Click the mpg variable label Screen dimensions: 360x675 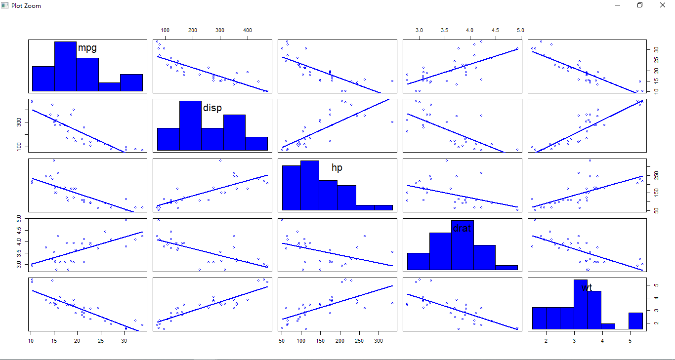tap(87, 48)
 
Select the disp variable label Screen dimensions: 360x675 tap(212, 108)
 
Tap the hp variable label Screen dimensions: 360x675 tap(337, 168)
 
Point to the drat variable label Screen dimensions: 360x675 tap(462, 228)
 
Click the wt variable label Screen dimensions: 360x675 tap(587, 288)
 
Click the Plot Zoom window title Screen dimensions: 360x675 tap(26, 5)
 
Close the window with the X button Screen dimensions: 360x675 tap(663, 5)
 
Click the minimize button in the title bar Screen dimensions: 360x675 tap(618, 5)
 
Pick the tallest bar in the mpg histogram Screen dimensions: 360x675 tap(65, 67)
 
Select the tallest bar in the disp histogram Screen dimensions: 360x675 tap(190, 125)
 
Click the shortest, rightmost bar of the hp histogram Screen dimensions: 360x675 tap(374, 207)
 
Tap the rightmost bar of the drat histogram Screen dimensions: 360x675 tap(506, 268)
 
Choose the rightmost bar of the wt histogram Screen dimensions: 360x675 tap(636, 321)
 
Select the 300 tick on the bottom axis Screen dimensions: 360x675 tap(379, 340)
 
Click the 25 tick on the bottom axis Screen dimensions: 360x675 tap(100, 340)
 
